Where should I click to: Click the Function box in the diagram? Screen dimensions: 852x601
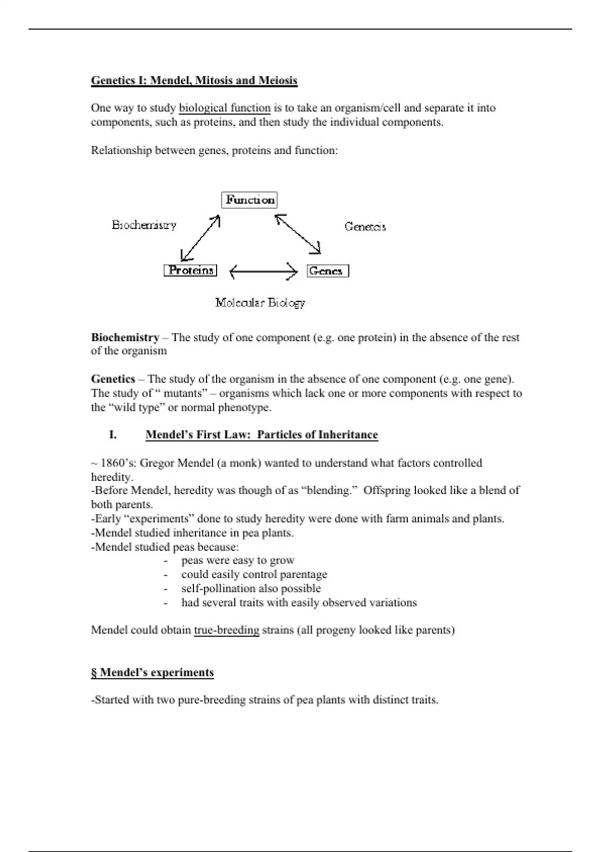click(x=249, y=200)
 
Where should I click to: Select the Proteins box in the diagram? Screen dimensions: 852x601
click(x=190, y=271)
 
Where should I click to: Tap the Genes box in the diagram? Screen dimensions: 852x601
click(x=328, y=271)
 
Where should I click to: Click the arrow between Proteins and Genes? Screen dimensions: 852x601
click(x=263, y=272)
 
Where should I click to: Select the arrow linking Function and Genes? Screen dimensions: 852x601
click(x=298, y=234)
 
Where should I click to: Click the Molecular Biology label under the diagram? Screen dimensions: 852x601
click(x=260, y=303)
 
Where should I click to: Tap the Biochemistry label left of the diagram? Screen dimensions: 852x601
click(x=144, y=225)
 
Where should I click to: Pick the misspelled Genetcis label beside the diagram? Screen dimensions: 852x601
click(x=365, y=227)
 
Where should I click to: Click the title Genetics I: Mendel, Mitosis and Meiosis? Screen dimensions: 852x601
click(x=194, y=81)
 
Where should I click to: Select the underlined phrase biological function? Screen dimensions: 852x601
click(x=224, y=108)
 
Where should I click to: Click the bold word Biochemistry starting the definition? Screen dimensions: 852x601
click(x=125, y=337)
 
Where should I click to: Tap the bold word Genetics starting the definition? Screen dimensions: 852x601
click(x=113, y=379)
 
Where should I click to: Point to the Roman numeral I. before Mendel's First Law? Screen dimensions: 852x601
click(x=113, y=435)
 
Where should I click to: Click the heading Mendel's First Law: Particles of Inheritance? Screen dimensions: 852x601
click(x=261, y=435)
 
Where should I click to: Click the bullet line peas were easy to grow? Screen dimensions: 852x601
click(x=237, y=560)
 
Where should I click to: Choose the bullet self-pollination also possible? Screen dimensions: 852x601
click(x=250, y=588)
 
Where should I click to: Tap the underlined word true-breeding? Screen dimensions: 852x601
click(x=226, y=630)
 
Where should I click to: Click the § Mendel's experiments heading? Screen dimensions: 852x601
click(x=152, y=673)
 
